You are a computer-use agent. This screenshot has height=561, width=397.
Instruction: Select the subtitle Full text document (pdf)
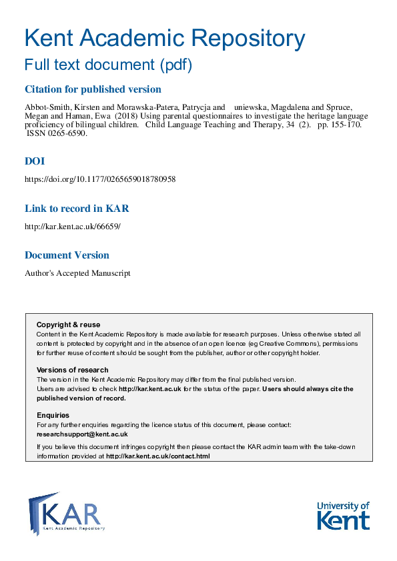(108, 65)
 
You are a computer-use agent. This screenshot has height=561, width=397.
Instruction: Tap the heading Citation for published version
(93, 89)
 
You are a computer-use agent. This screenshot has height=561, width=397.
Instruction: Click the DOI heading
(35, 161)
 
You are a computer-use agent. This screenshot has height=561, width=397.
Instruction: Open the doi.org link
(100, 179)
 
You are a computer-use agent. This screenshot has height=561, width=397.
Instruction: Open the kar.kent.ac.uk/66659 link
(73, 227)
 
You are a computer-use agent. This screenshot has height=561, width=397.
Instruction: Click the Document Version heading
(67, 255)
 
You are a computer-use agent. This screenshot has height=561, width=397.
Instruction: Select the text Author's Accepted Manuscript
(77, 273)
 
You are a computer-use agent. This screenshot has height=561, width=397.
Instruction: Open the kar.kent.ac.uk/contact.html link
(158, 456)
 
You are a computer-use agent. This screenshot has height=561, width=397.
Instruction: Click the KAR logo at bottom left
(67, 512)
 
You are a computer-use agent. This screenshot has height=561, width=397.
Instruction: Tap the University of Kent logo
(343, 515)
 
